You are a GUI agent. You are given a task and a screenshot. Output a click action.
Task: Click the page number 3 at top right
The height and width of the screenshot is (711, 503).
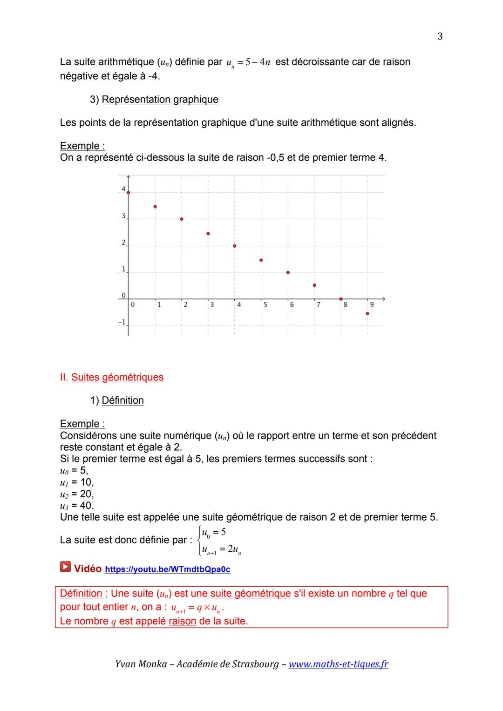(x=440, y=36)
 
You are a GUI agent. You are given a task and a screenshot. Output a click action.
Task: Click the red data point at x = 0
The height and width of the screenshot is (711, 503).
(x=128, y=192)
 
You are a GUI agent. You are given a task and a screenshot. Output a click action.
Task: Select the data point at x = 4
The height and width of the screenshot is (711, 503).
(x=235, y=246)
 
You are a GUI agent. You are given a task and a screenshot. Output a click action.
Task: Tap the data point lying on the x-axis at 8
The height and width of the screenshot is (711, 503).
(x=341, y=299)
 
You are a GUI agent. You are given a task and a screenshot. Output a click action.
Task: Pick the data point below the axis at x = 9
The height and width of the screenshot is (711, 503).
(x=367, y=313)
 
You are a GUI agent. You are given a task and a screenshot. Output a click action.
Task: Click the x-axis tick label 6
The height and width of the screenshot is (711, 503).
(x=292, y=305)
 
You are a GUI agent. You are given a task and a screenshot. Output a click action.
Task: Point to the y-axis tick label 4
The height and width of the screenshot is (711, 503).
(x=123, y=189)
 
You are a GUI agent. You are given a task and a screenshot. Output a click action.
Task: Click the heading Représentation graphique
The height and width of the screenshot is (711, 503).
(x=160, y=100)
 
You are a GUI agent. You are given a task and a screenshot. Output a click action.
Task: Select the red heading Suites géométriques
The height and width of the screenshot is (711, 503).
(x=117, y=377)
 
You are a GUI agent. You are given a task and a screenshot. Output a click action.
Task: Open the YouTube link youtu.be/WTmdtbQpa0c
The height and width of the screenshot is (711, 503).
(x=168, y=569)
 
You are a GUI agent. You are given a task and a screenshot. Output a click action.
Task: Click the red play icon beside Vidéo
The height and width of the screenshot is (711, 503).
(x=65, y=567)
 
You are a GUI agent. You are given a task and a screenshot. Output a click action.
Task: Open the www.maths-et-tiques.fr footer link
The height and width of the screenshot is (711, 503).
(x=338, y=664)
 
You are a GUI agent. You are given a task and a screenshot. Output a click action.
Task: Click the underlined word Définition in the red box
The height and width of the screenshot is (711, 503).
(x=81, y=594)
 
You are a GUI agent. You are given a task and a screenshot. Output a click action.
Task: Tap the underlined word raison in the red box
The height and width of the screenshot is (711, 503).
(x=182, y=621)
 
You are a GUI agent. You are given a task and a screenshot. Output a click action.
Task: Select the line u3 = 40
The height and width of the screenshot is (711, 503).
(x=77, y=506)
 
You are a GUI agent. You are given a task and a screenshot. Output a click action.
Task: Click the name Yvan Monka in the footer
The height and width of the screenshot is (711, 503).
(x=141, y=664)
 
